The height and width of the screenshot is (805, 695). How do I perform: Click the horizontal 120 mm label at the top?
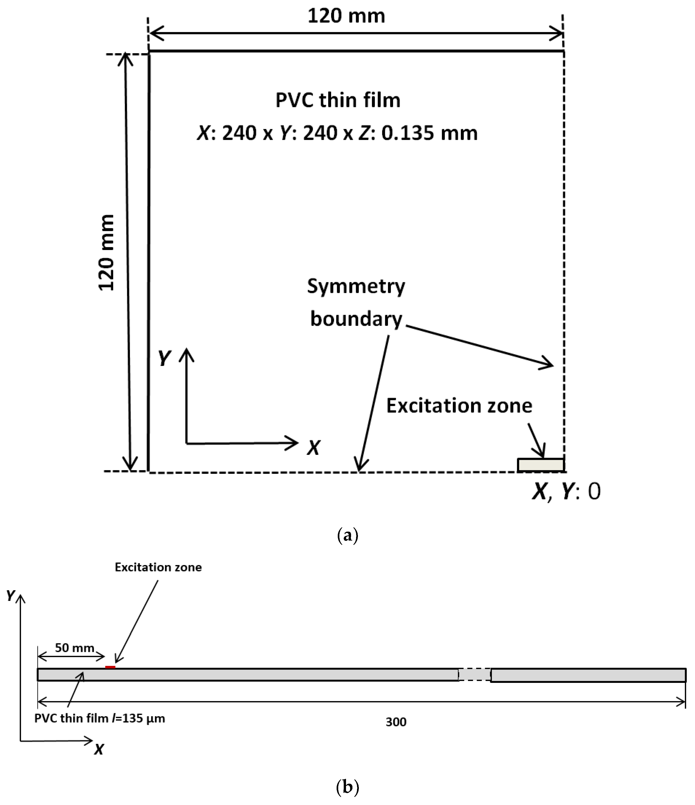(x=346, y=16)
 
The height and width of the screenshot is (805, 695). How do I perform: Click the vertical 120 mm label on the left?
(x=106, y=253)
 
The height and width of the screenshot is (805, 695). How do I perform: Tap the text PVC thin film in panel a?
(x=338, y=100)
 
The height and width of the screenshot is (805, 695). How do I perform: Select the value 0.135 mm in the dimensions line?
(x=429, y=133)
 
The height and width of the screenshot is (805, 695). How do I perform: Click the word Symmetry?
(x=356, y=286)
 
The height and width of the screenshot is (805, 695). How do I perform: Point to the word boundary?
(x=356, y=319)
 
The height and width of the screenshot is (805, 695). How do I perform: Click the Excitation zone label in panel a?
(x=459, y=406)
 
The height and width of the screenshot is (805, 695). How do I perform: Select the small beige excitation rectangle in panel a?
(x=540, y=465)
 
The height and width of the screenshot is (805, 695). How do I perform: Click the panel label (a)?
(x=347, y=535)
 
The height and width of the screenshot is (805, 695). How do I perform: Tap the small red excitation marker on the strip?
(x=110, y=667)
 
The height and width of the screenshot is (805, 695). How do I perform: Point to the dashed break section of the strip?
(x=474, y=674)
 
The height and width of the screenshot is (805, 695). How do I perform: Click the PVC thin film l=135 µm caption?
(x=99, y=718)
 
